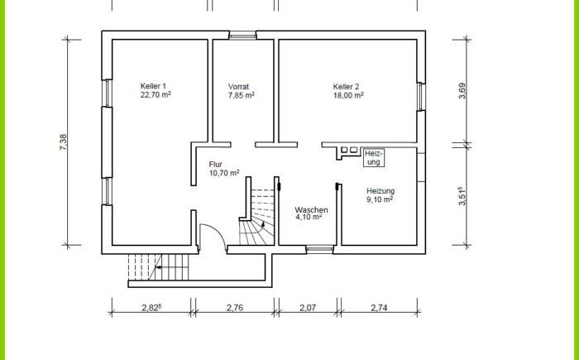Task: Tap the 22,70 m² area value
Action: (x=156, y=94)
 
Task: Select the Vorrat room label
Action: (x=238, y=87)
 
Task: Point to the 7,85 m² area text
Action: (x=242, y=95)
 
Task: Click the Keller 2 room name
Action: (x=346, y=87)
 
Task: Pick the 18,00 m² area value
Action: (x=348, y=95)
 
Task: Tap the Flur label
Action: (x=216, y=165)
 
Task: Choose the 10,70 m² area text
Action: (x=224, y=173)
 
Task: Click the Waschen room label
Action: (x=311, y=210)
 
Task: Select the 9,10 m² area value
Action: (x=380, y=199)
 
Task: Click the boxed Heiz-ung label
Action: (x=374, y=158)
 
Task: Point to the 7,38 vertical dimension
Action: (x=63, y=142)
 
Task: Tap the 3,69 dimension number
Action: (x=462, y=90)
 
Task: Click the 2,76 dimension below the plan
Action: (x=235, y=308)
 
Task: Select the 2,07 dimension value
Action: (x=308, y=308)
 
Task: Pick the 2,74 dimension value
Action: (x=379, y=308)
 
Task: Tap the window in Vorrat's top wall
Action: (x=242, y=36)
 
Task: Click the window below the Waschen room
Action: (x=320, y=249)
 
